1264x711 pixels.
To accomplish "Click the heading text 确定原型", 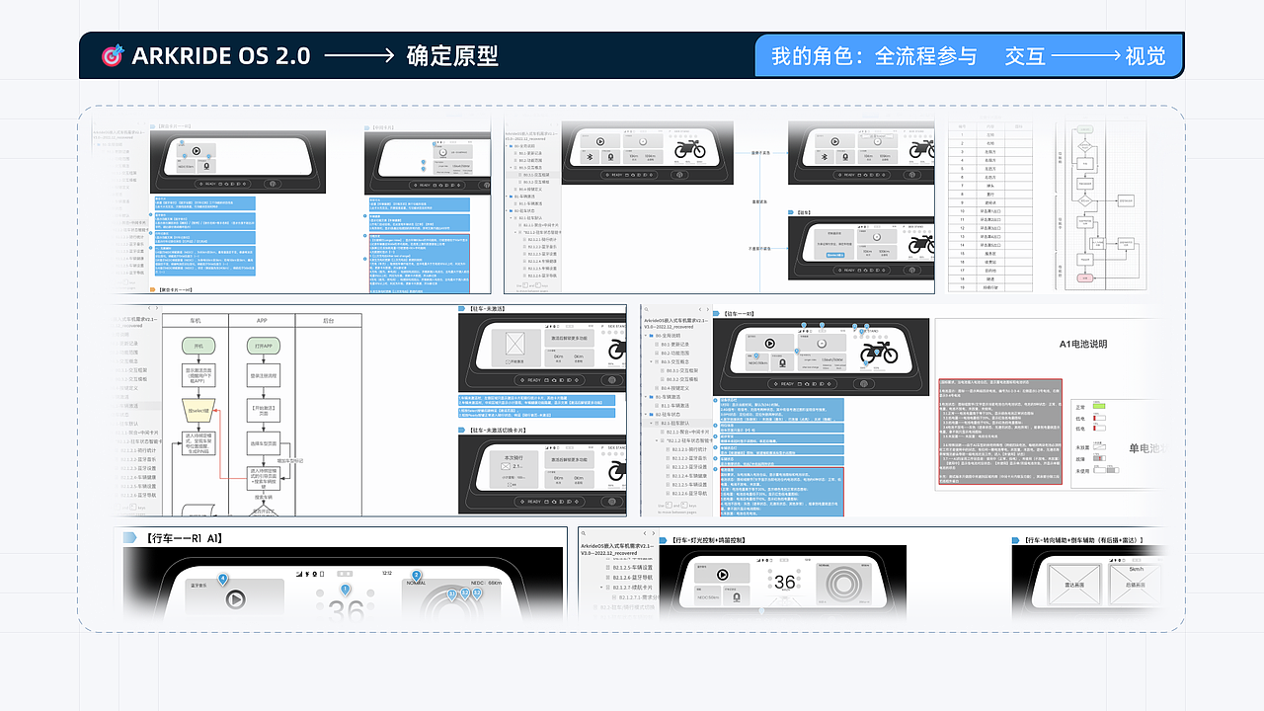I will [452, 56].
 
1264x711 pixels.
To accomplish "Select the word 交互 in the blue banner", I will [1025, 56].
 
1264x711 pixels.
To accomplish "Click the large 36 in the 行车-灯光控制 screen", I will [784, 583].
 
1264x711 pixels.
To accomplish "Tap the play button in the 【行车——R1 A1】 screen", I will [235, 598].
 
